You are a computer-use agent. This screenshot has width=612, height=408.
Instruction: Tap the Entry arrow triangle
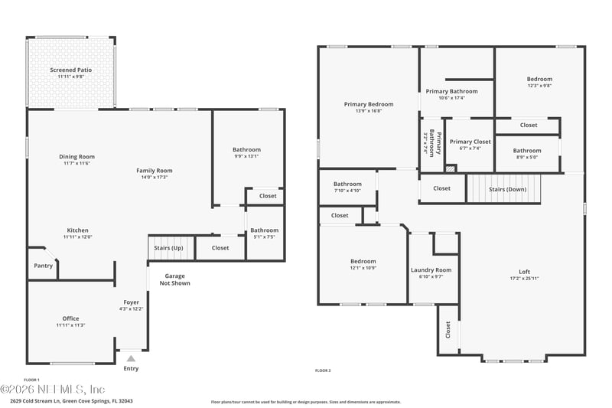tap(131, 357)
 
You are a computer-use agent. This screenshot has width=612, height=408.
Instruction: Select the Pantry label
tap(43, 266)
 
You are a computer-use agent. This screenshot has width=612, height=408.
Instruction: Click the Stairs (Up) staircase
tap(168, 247)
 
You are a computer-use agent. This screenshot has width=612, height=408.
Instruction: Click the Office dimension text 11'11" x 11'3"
tap(70, 325)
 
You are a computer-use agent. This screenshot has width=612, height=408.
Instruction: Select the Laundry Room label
tap(431, 269)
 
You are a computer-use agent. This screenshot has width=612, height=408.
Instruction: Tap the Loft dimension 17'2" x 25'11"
tap(524, 278)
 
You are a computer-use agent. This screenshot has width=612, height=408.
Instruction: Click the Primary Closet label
tap(470, 142)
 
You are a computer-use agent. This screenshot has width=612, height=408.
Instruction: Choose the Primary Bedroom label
tap(369, 104)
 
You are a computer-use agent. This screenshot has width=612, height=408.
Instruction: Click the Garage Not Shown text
tap(174, 279)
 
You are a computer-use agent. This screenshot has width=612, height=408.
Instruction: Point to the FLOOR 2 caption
tap(323, 370)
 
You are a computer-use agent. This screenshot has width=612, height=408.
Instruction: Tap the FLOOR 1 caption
tap(31, 380)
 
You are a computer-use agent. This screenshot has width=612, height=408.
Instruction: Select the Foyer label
tap(132, 302)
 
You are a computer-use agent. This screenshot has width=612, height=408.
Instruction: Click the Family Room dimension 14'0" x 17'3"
tap(155, 178)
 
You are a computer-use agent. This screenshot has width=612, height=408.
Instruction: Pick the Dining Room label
tap(76, 157)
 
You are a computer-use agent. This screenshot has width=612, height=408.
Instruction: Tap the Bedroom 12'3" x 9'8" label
tap(539, 79)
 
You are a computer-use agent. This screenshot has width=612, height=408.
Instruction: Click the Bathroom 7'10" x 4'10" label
tap(347, 184)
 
